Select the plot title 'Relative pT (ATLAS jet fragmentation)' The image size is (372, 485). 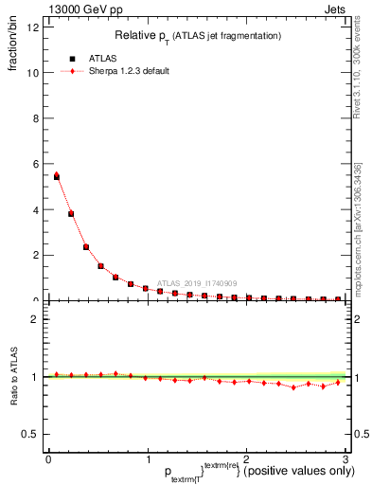pyautogui.click(x=198, y=36)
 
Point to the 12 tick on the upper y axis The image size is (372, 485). pyautogui.click(x=36, y=27)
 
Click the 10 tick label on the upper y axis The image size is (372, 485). pyautogui.click(x=34, y=72)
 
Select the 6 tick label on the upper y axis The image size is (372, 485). pyautogui.click(x=36, y=163)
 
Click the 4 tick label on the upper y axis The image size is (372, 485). pyautogui.click(x=36, y=209)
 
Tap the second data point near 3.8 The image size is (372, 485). pyautogui.click(x=71, y=214)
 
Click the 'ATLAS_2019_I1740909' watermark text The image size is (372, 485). pyautogui.click(x=199, y=282)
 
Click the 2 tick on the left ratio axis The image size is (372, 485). pyautogui.click(x=36, y=319)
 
